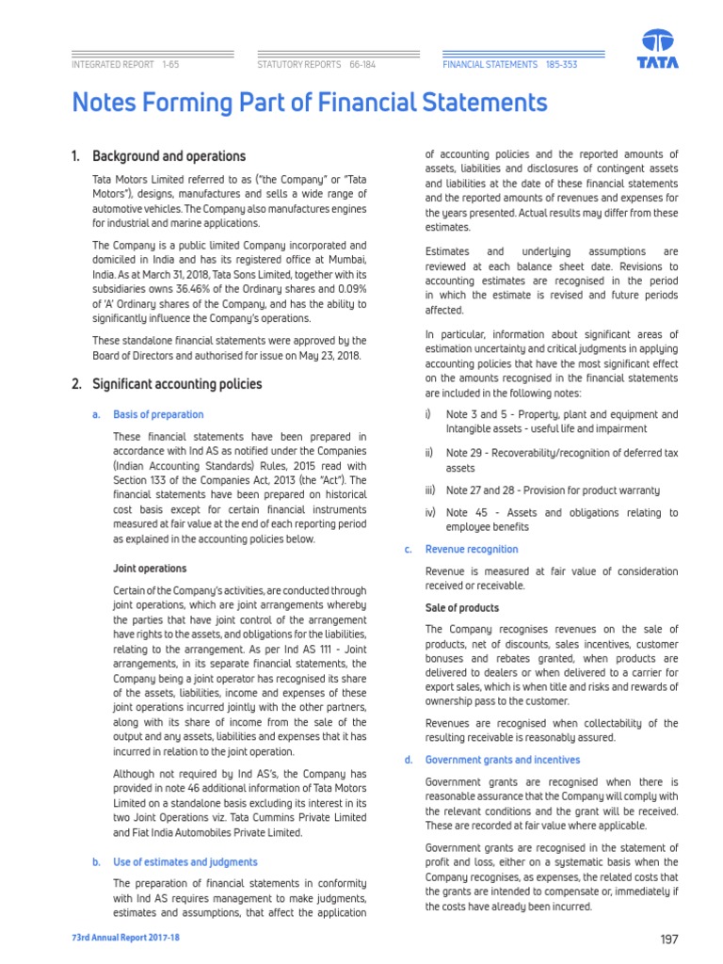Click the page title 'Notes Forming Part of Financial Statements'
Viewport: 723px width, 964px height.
[310, 103]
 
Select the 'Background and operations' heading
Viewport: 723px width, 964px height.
[169, 156]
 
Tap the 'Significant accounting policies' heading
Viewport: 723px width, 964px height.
[177, 384]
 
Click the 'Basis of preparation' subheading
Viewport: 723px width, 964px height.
[158, 414]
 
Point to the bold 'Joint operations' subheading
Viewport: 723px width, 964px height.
[150, 569]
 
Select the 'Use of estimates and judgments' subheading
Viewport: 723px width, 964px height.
[185, 861]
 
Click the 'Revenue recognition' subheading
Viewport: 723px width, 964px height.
[472, 549]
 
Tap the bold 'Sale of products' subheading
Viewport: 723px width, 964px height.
[462, 608]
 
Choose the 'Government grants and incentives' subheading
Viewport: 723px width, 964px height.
[503, 760]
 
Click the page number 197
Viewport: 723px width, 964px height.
[669, 939]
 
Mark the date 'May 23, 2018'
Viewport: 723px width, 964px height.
[312, 355]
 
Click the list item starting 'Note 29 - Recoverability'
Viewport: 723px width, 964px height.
[561, 460]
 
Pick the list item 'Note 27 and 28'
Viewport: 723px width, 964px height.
[553, 490]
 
